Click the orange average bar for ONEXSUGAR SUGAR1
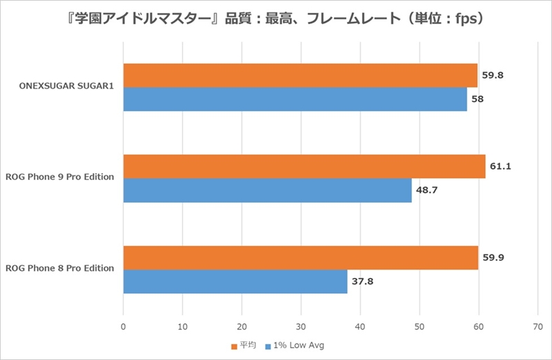(x=300, y=75)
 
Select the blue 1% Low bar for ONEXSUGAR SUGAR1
(x=295, y=99)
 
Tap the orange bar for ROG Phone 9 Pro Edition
(x=304, y=166)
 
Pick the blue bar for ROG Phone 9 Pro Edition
(x=268, y=190)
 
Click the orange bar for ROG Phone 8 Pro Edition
(x=301, y=257)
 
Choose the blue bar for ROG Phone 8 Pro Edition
(x=235, y=281)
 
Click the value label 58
(x=477, y=99)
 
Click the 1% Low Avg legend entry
(x=297, y=345)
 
